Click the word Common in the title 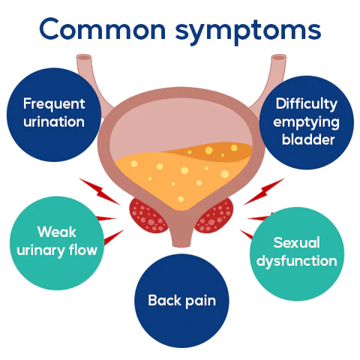point(103,29)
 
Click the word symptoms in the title point(248,32)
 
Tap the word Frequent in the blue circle point(54,104)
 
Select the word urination point(54,121)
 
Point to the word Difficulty point(307,104)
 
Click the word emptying point(306,123)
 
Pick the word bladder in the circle point(308,139)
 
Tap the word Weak point(57,232)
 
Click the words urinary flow point(57,250)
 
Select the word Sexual point(297,242)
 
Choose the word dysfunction point(297,261)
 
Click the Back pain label point(181,301)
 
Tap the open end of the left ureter point(84,58)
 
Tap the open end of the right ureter point(279,58)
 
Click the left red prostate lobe point(147,215)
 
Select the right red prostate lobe point(215,215)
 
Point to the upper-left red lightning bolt point(100,191)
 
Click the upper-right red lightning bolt point(264,191)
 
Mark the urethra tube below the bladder point(181,232)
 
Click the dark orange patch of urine point(215,151)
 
